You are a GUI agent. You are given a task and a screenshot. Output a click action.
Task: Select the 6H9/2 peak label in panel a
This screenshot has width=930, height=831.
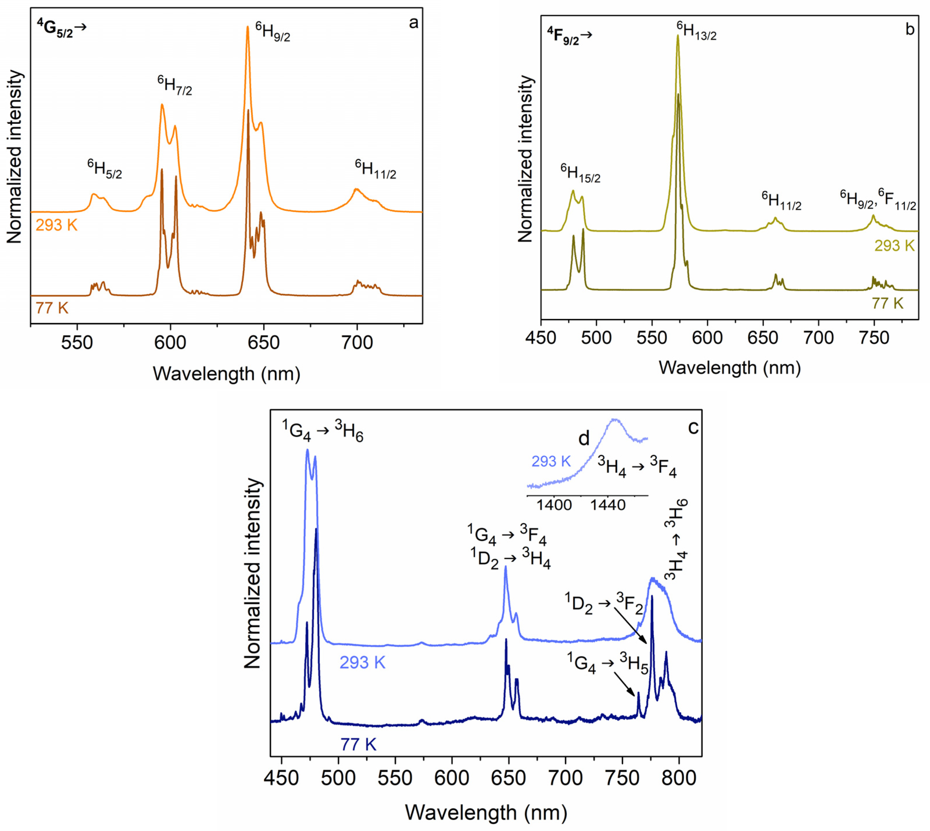click(x=273, y=32)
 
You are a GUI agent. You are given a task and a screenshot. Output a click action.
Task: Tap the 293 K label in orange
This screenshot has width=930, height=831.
click(x=57, y=225)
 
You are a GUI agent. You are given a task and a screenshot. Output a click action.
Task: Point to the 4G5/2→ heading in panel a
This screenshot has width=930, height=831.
click(x=62, y=29)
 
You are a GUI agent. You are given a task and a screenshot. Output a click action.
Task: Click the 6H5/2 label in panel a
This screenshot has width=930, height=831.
click(x=105, y=169)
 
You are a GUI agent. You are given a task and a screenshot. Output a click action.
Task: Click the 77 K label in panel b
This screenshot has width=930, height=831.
click(x=888, y=303)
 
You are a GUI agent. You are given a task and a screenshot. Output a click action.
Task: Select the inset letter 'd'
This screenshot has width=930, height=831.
click(x=584, y=438)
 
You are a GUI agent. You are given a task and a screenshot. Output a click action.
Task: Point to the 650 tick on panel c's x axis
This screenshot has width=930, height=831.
click(x=508, y=778)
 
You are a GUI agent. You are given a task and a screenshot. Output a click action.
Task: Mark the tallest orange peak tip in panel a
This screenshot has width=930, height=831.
click(x=248, y=26)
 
